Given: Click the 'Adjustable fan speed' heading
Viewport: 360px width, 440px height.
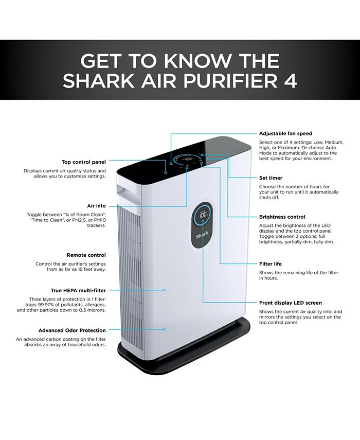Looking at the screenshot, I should (285, 134).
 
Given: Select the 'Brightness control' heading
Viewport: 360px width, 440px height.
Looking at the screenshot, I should (282, 217).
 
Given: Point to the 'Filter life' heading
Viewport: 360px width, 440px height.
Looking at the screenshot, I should (271, 264).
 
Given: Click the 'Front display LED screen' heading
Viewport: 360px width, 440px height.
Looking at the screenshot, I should (291, 303).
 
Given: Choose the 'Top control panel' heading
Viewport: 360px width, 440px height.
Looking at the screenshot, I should (83, 162).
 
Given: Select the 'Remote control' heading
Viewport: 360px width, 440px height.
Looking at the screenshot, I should (86, 255).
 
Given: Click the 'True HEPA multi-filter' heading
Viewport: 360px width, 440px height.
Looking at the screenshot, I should (78, 290).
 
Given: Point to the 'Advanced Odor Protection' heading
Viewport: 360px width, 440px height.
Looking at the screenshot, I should (72, 330).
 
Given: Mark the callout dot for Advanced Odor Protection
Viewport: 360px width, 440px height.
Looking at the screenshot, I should (165, 329).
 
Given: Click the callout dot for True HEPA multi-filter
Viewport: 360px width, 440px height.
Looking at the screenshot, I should (165, 290).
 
